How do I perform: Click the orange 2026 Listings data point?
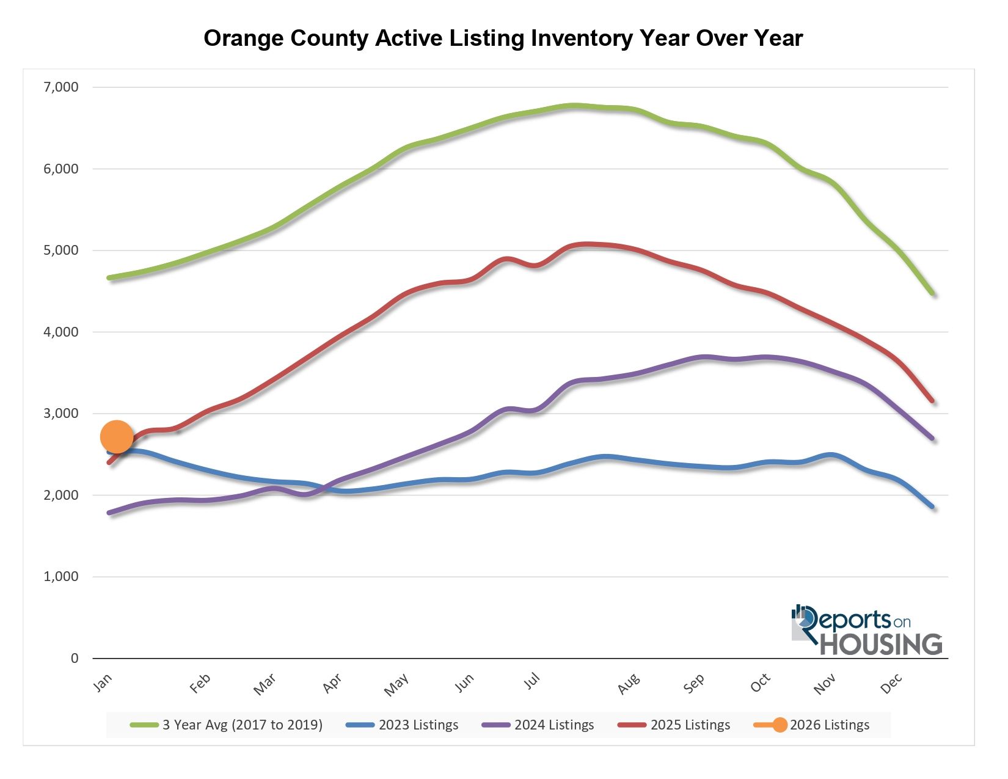116,436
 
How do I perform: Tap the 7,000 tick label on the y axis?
61,87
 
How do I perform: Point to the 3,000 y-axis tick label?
61,414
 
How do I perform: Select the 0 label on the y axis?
75,658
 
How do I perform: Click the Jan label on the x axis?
103,682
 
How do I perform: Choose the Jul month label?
532,681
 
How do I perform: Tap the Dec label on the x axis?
891,683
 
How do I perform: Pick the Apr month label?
332,683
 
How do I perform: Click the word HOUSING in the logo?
880,645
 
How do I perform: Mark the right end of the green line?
932,293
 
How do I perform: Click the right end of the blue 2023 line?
932,507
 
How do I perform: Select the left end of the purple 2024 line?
109,513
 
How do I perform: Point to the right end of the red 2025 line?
932,401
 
